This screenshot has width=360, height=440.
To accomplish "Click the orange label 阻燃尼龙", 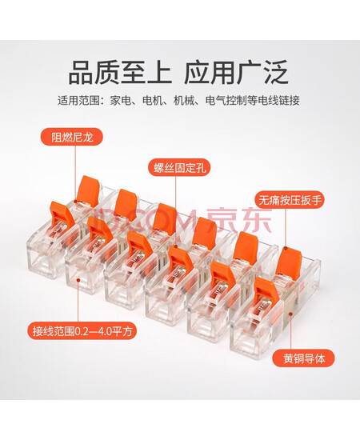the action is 72,138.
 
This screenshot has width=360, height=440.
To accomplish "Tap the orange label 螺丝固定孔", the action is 179,167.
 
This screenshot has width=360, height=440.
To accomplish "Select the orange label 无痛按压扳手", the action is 290,200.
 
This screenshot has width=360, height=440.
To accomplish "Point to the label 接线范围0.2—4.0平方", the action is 82,330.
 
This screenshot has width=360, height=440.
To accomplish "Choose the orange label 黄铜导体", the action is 304,358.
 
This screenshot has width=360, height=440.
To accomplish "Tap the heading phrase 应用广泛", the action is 236,73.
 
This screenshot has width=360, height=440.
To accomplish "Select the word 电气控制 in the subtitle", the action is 226,101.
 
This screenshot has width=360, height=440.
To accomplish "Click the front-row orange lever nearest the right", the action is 267,292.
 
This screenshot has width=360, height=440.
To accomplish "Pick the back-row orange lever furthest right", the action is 289,261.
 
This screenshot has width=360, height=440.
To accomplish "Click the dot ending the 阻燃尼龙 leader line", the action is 75,202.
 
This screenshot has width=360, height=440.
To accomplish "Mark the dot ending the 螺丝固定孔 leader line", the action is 176,246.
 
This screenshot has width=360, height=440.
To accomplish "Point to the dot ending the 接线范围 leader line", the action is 78,279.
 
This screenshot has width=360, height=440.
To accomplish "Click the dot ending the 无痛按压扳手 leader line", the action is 286,248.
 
